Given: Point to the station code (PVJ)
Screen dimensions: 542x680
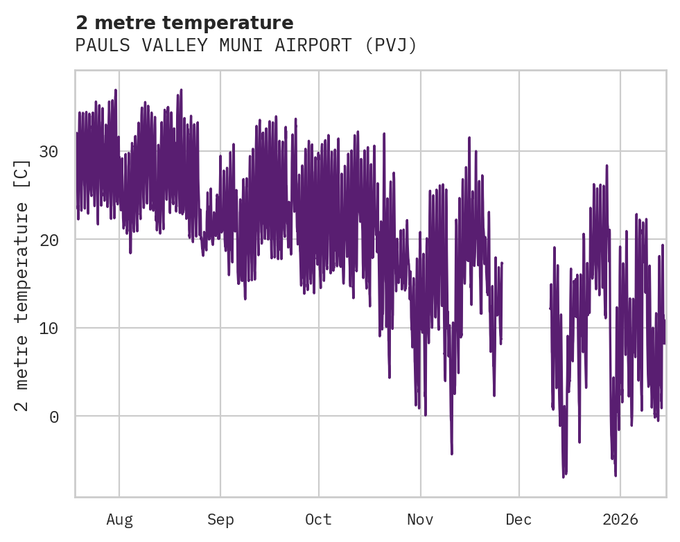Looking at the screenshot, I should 389,46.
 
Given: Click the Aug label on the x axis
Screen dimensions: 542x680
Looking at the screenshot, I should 119,520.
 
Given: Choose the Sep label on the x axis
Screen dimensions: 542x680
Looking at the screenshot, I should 220,520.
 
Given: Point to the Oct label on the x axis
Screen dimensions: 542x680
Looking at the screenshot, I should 319,520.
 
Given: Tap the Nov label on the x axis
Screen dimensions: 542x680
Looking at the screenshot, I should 420,520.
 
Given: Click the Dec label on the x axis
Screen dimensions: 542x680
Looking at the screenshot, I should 519,520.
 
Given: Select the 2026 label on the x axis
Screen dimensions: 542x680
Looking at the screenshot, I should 620,520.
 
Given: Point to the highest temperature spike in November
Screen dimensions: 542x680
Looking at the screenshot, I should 469,138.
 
